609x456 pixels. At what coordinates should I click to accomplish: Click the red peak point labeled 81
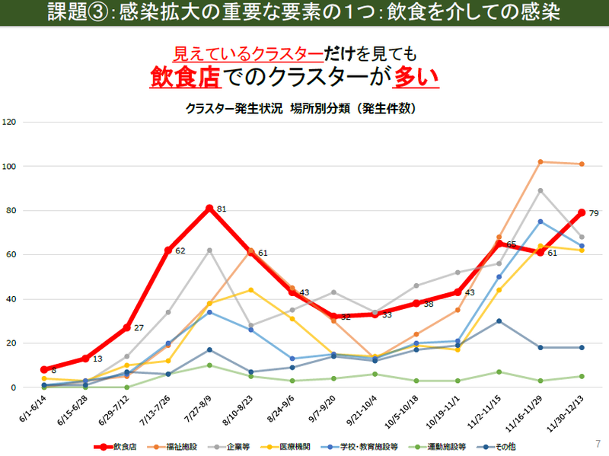[209, 207]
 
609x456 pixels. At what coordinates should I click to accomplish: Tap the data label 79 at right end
[595, 214]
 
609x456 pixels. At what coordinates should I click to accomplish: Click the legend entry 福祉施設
[177, 447]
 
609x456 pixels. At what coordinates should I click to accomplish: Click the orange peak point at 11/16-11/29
[540, 161]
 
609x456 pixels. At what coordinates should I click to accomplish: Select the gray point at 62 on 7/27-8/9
[209, 250]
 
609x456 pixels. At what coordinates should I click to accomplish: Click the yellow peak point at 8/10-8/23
[250, 289]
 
